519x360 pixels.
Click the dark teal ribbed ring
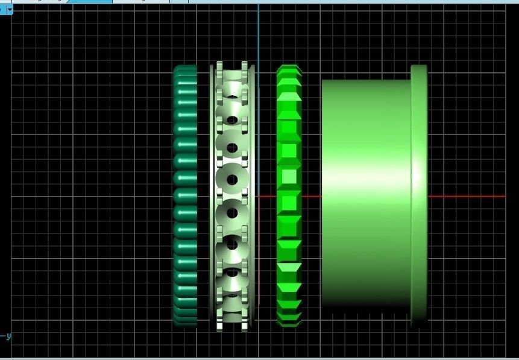click(x=185, y=196)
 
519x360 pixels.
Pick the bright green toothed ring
click(x=289, y=196)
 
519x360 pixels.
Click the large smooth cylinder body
click(x=365, y=196)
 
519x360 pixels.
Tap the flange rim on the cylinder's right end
click(x=419, y=196)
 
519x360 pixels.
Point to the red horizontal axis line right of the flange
click(x=467, y=197)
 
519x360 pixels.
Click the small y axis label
click(x=8, y=336)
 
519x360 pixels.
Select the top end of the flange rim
click(x=419, y=68)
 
